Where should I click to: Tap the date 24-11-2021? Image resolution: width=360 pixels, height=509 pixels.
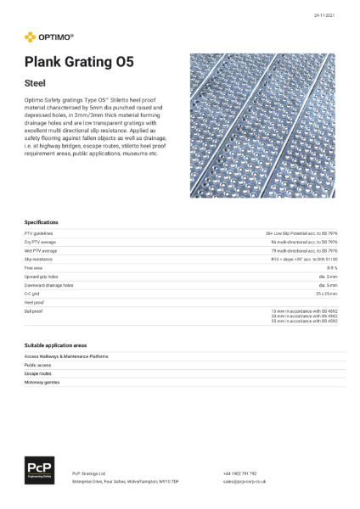pyautogui.click(x=323, y=15)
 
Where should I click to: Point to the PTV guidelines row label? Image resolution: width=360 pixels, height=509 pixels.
pyautogui.click(x=39, y=232)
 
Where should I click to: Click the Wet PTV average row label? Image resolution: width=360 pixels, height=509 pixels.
pyautogui.click(x=41, y=251)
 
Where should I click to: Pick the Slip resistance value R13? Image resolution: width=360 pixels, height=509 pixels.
pyautogui.click(x=306, y=260)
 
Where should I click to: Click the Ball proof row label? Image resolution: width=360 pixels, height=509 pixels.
pyautogui.click(x=33, y=311)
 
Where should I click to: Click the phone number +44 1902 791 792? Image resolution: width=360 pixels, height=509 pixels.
pyautogui.click(x=240, y=473)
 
